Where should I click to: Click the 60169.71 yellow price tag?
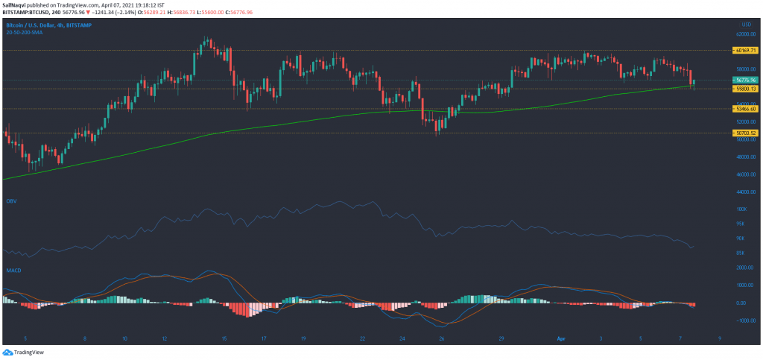point(744,51)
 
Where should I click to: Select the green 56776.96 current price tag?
point(744,80)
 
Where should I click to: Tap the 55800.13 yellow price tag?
point(744,88)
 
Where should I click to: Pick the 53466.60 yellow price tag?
point(744,109)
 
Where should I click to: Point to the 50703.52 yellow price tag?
point(744,133)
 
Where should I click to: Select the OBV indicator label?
point(11,201)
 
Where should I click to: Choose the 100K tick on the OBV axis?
point(741,209)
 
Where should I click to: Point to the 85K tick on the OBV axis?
point(741,252)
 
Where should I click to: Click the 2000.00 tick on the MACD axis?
point(743,268)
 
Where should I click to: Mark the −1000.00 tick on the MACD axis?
point(742,320)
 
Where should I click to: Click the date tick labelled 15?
point(224,338)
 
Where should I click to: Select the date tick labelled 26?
point(441,338)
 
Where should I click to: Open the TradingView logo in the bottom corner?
point(22,352)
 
